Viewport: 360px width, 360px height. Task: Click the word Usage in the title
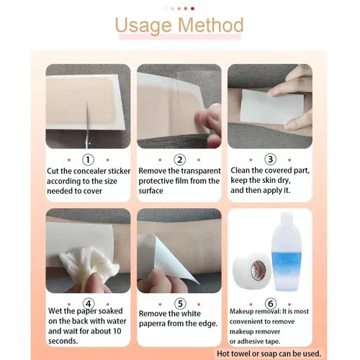pyautogui.click(x=143, y=26)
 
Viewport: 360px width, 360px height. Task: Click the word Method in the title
pyautogui.click(x=211, y=25)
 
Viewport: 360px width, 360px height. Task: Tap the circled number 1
pyautogui.click(x=88, y=160)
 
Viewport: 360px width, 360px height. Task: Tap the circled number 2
pyautogui.click(x=180, y=160)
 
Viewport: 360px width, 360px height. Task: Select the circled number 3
pyautogui.click(x=271, y=159)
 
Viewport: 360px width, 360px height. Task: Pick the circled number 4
pyautogui.click(x=89, y=304)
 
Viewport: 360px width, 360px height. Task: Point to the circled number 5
pyautogui.click(x=180, y=304)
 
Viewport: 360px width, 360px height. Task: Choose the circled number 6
pyautogui.click(x=271, y=304)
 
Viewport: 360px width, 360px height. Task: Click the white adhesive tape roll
pyautogui.click(x=252, y=270)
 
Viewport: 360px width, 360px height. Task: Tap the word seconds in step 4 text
pyautogui.click(x=63, y=341)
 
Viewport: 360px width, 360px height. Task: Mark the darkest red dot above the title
pyautogui.click(x=192, y=9)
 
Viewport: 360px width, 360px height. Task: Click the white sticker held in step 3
pyautogui.click(x=271, y=106)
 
